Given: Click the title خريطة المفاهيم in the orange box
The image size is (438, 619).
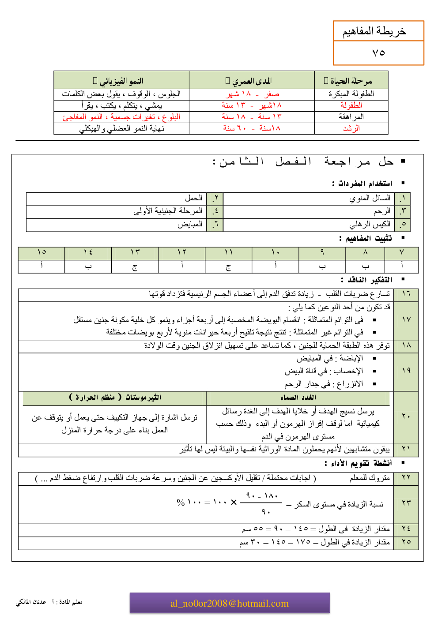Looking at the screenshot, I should click(374, 31).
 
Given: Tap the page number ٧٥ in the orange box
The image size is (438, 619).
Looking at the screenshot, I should click(378, 53).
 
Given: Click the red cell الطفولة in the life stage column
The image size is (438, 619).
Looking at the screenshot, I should click(351, 105).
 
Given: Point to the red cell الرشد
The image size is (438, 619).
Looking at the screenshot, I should click(351, 128).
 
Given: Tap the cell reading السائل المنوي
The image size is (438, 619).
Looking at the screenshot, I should click(370, 199).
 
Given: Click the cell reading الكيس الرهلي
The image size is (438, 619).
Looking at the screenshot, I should click(370, 225).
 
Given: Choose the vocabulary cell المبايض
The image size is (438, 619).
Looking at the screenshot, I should click(190, 225).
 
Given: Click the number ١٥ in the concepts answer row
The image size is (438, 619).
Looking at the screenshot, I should click(42, 252).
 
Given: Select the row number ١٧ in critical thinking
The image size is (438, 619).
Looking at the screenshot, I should click(406, 319).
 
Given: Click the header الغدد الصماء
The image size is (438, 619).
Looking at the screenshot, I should click(298, 398).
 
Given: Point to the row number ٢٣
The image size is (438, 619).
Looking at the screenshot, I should click(406, 503).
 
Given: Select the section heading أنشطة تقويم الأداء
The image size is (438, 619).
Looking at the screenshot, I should click(358, 463).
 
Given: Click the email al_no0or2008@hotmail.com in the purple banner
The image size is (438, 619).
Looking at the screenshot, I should click(230, 604).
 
